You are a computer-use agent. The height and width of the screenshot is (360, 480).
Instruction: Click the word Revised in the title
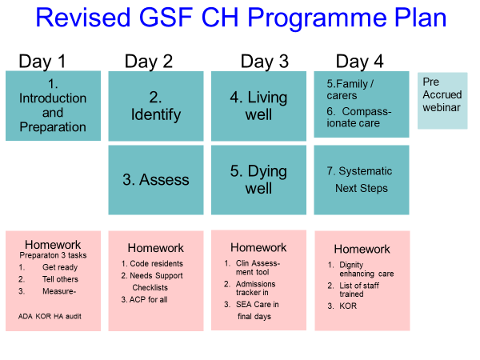[83, 18]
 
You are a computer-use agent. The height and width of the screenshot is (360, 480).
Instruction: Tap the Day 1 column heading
[42, 62]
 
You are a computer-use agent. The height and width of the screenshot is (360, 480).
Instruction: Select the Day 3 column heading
[265, 62]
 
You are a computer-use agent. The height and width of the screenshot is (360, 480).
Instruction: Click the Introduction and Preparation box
[53, 106]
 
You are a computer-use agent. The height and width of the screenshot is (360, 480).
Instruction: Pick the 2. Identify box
[156, 106]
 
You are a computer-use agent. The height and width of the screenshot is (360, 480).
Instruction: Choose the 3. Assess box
[156, 180]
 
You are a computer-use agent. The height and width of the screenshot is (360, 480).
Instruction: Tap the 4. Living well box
[258, 106]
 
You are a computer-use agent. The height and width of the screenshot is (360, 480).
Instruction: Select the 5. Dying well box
[258, 180]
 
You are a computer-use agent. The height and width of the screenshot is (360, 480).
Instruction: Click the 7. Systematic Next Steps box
[362, 180]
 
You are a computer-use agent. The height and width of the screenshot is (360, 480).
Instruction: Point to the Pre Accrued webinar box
[442, 101]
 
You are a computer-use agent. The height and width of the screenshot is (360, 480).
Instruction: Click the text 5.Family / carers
[350, 90]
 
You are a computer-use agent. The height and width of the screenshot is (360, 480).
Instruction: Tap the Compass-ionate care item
[358, 118]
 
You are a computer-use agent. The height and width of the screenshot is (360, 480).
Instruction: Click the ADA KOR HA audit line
[50, 316]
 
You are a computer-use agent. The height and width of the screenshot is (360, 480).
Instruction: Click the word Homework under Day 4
[362, 249]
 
